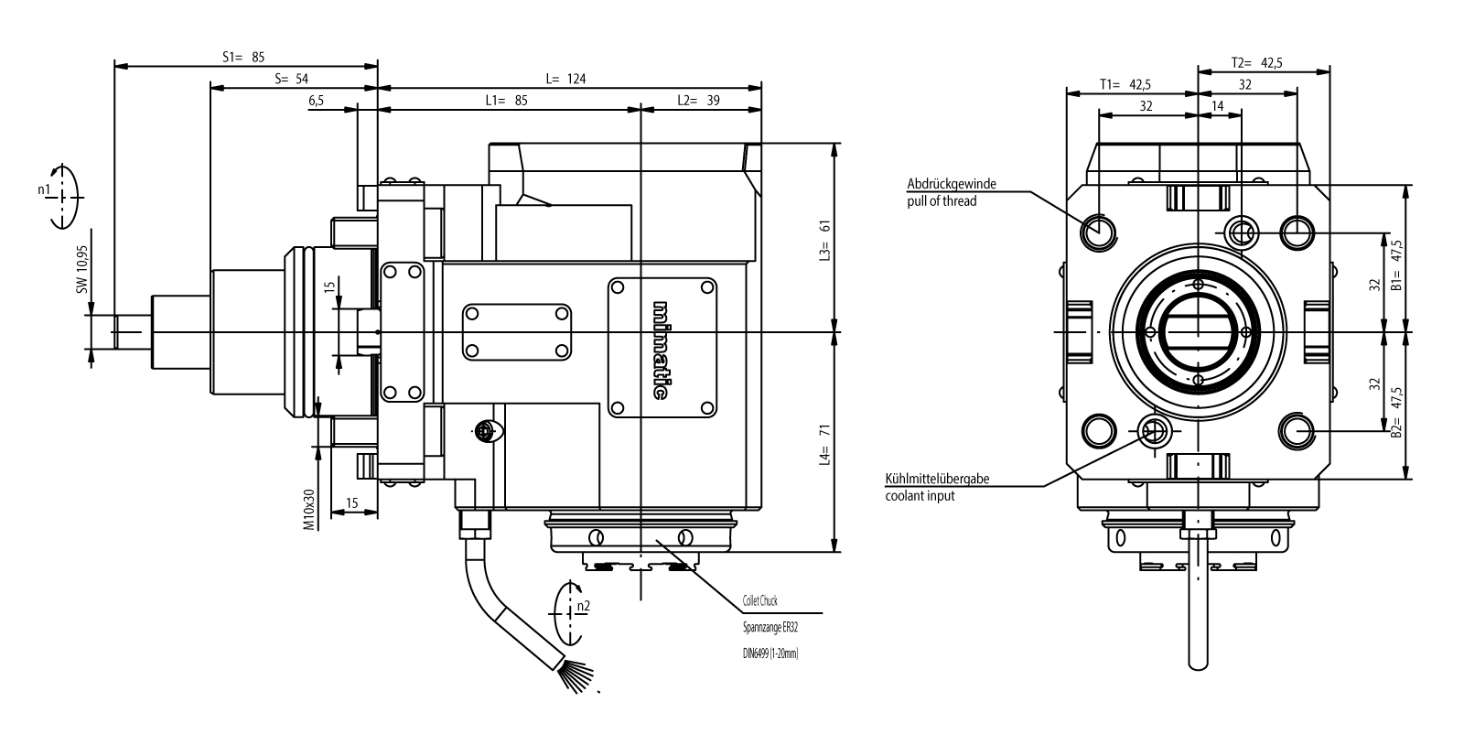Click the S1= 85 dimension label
(x=243, y=57)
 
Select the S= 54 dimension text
(x=291, y=80)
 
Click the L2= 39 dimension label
(x=698, y=101)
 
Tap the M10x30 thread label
(x=309, y=510)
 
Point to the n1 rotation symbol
(x=60, y=195)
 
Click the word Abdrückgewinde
(x=952, y=184)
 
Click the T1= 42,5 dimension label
(x=1125, y=84)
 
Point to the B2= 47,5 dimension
(x=1396, y=416)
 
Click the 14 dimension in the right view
(x=1217, y=106)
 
